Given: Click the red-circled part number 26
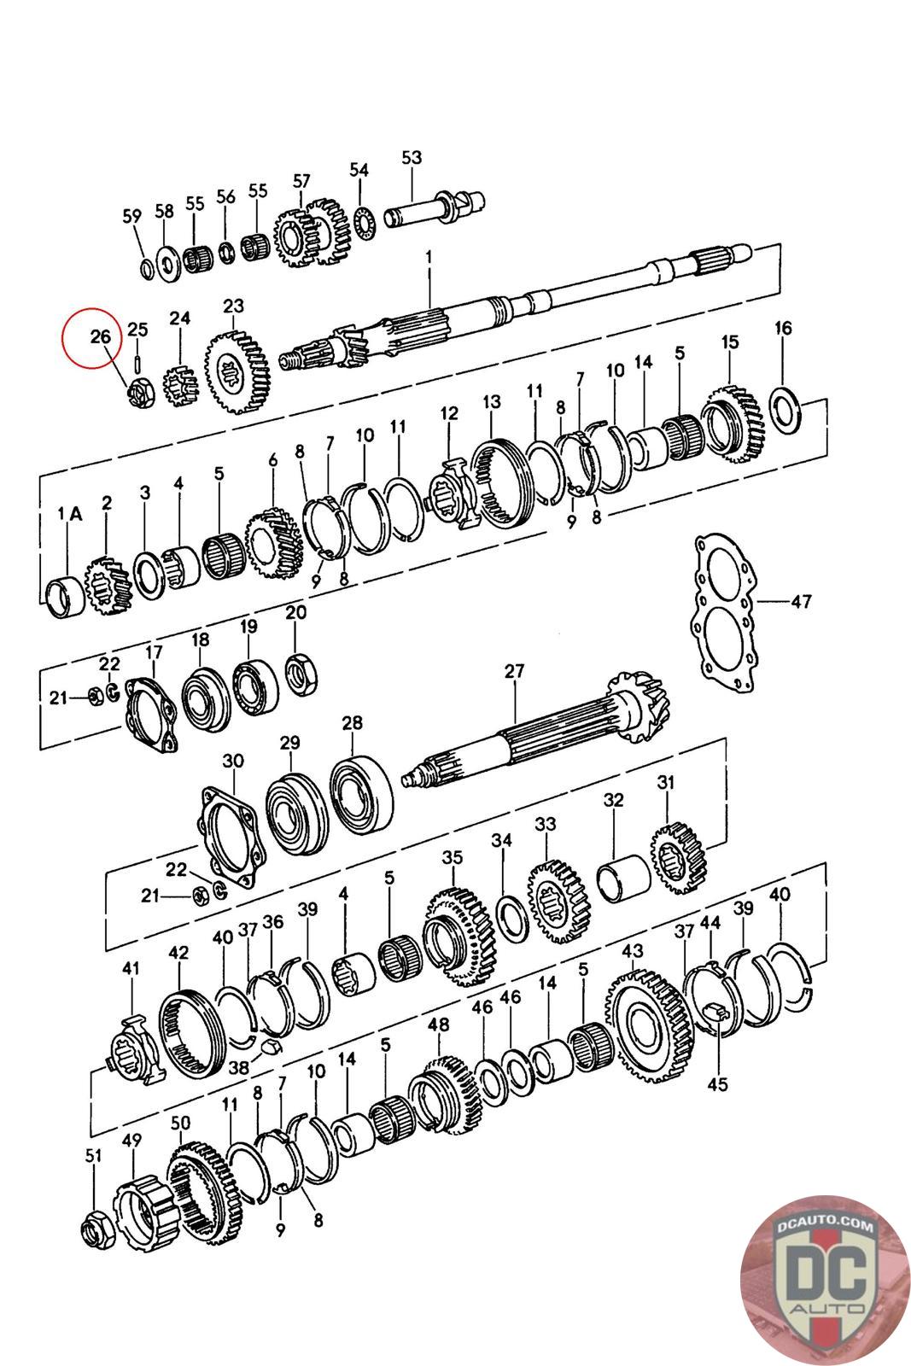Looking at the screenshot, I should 101,336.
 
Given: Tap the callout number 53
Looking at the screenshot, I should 412,158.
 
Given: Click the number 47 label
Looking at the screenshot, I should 800,602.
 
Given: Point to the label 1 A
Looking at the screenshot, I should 69,514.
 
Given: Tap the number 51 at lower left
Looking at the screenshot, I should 93,1156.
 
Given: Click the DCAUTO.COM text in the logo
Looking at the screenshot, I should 824,1227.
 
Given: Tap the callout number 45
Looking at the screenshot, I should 718,1084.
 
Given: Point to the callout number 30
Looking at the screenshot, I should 232,761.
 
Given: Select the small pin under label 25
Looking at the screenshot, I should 137,362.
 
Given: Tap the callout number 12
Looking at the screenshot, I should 449,413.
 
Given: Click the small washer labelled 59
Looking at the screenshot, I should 147,269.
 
